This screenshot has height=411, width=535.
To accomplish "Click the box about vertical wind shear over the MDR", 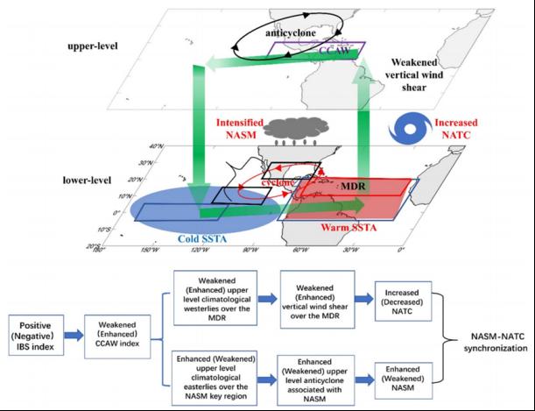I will (x=316, y=300).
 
